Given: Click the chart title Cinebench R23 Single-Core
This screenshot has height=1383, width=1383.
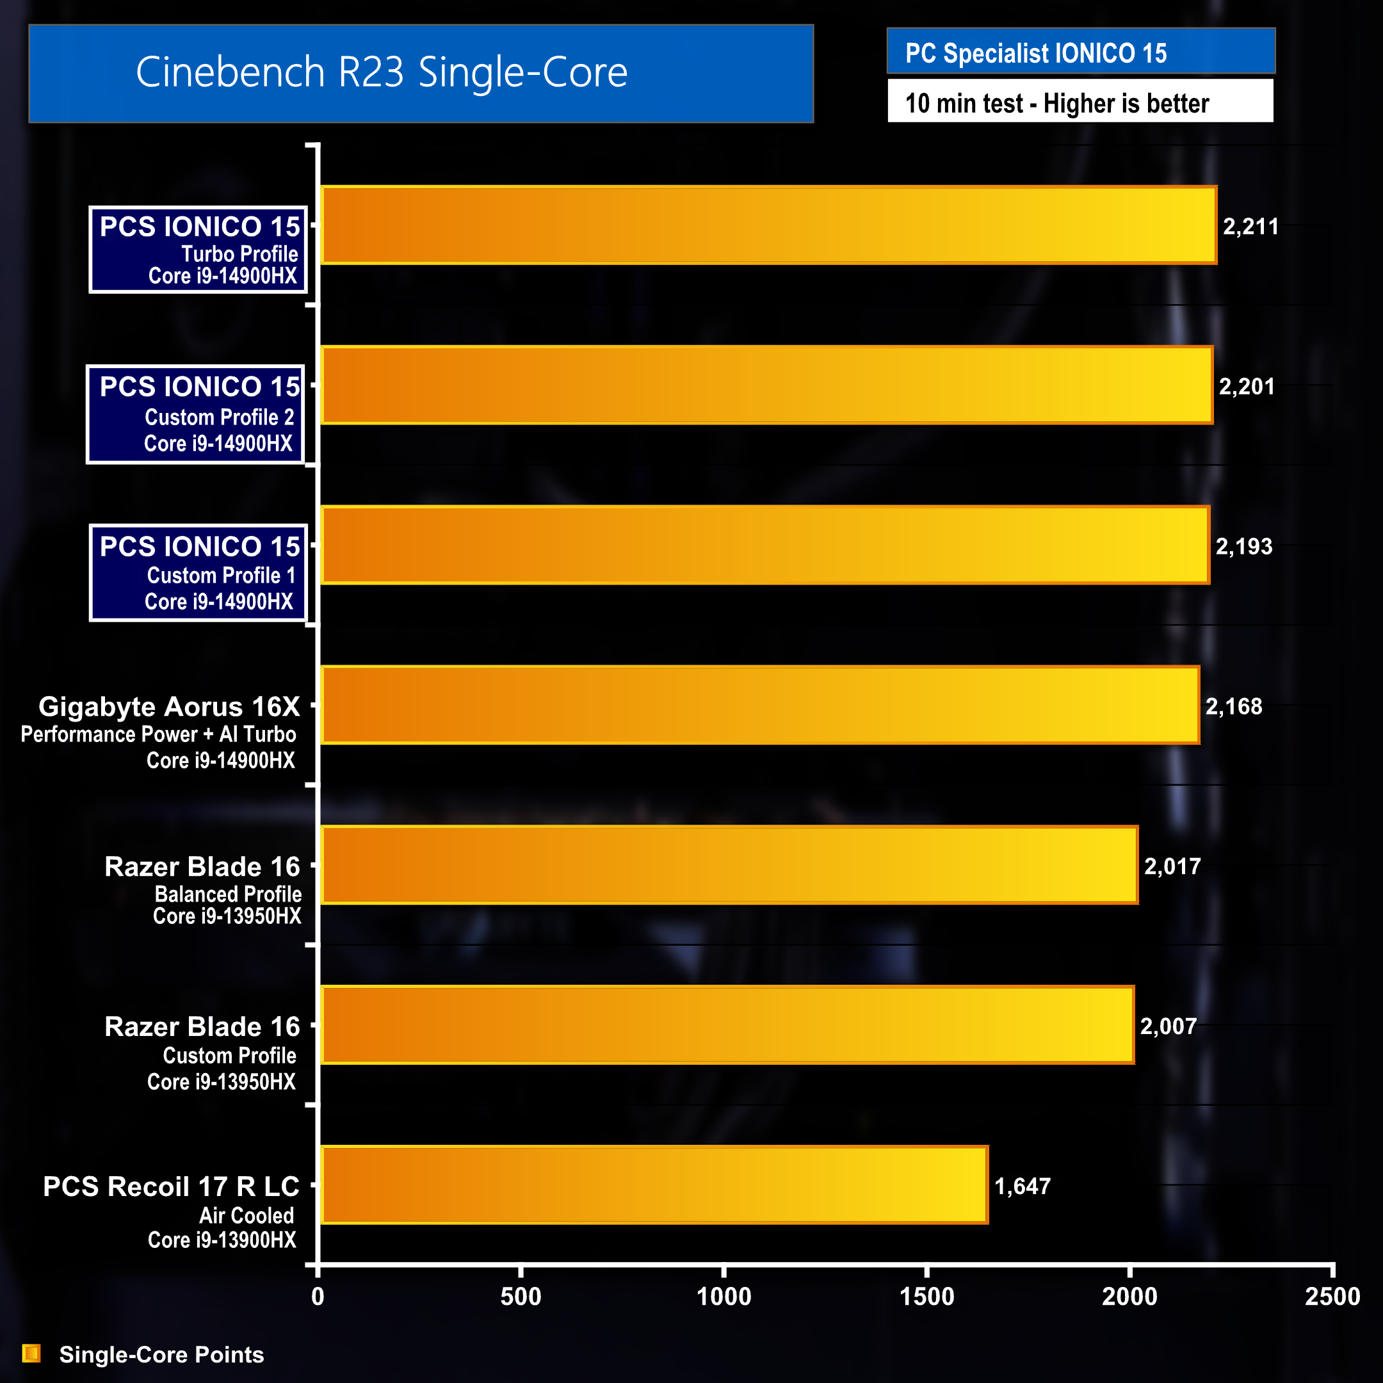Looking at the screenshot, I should (x=382, y=72).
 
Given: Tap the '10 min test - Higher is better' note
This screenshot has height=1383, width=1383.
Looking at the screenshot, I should (x=1056, y=103).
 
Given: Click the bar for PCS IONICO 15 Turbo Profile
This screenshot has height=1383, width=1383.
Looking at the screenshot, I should (x=768, y=225).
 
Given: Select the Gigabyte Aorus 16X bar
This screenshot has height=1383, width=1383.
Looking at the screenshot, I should (x=759, y=705).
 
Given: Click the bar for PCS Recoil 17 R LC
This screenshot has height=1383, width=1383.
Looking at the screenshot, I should (x=654, y=1185).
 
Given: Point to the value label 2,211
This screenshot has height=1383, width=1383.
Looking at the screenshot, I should (x=1250, y=227).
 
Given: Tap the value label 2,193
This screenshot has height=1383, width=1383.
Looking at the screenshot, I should (x=1243, y=547).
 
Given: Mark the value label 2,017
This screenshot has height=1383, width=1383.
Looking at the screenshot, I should (x=1172, y=867).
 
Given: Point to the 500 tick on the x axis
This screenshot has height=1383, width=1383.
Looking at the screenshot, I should (x=521, y=1297).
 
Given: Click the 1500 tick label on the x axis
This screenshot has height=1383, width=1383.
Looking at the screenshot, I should (x=926, y=1297).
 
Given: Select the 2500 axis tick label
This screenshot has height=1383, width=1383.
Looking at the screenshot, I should (x=1332, y=1297).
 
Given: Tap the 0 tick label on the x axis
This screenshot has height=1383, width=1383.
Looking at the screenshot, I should (x=318, y=1297).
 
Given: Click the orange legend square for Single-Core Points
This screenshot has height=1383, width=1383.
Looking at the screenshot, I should (x=31, y=1353).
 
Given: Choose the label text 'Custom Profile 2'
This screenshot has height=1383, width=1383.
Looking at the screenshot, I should (x=219, y=417).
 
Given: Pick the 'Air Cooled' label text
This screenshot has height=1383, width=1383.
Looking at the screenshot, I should (x=247, y=1215).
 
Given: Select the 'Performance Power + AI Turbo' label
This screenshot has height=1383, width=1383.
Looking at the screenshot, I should (x=158, y=734).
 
